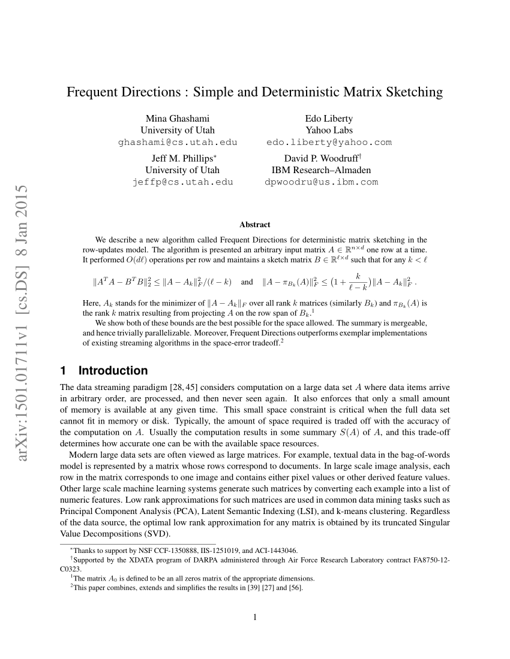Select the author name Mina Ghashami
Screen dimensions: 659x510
178,118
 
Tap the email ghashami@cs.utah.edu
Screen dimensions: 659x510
178,142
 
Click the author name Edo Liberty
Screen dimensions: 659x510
329,118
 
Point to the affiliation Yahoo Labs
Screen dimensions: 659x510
329,130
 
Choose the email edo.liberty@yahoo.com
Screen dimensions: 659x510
329,142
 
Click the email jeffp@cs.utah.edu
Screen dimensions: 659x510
182,182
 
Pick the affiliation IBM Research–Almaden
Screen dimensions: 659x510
322,170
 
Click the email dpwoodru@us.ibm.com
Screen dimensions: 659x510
322,182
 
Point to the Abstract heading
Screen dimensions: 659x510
255,225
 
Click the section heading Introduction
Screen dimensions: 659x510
113,370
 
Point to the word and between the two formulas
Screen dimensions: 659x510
247,281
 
